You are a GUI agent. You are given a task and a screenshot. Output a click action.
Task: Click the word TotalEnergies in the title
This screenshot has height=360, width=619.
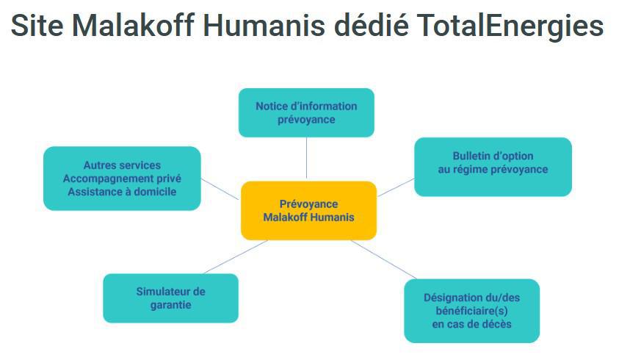pos(510,25)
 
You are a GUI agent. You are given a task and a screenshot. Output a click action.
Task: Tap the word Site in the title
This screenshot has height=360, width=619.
pos(37,25)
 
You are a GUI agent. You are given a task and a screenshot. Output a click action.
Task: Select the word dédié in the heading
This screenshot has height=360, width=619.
pos(372,24)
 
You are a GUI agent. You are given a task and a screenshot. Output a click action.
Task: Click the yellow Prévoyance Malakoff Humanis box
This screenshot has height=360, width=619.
pos(308,211)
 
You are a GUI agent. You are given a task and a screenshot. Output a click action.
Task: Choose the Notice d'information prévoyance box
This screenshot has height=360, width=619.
pos(306,112)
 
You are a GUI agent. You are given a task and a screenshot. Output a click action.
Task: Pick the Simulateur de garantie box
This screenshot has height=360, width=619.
pos(170,298)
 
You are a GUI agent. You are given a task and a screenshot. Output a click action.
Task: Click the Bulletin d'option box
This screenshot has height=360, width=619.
pos(493,167)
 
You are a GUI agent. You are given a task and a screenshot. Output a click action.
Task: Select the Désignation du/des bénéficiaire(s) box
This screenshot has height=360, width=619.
pos(471,311)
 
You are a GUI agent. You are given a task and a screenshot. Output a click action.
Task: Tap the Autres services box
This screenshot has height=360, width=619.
pos(122,179)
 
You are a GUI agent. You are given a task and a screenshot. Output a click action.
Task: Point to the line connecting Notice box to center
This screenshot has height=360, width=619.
pos(306,158)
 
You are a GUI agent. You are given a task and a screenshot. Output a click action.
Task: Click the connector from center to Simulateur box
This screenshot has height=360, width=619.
pos(236,257)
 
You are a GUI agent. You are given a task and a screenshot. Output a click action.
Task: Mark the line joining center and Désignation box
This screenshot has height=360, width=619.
pos(383,259)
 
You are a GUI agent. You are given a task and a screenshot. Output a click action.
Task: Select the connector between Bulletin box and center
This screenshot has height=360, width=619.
pos(396,187)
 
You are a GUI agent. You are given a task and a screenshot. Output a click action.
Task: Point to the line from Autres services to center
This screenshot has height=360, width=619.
pos(220,189)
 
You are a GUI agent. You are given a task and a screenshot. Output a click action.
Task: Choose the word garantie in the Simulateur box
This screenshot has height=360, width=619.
pos(170,305)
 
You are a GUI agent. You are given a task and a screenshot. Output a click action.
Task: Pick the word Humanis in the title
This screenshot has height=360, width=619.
pos(264,25)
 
